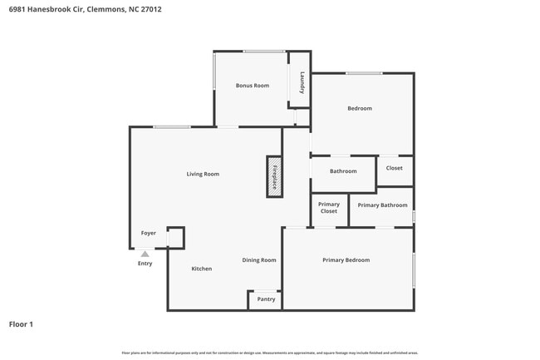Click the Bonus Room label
(x=252, y=86)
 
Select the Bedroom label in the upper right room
(x=360, y=108)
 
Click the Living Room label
(x=203, y=174)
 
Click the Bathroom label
(x=343, y=171)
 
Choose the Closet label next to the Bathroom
(x=394, y=168)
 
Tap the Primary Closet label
(x=329, y=208)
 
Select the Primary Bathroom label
(x=382, y=205)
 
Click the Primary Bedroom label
(x=346, y=260)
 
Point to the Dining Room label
(x=259, y=260)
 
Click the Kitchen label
(x=202, y=269)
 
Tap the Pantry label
(x=266, y=299)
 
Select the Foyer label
(x=148, y=234)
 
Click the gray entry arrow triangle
(x=145, y=254)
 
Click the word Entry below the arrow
(x=145, y=264)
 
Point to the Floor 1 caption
(x=21, y=324)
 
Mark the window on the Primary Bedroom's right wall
(x=414, y=269)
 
